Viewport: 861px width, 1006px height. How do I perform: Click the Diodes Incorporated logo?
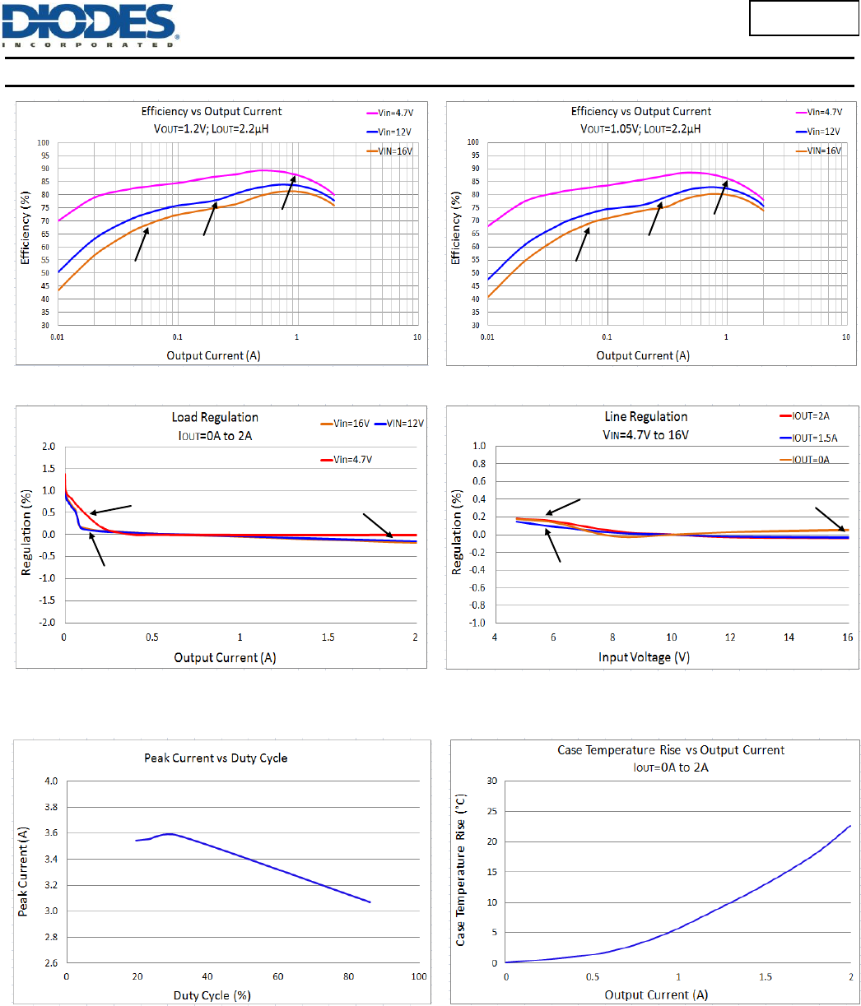tap(91, 25)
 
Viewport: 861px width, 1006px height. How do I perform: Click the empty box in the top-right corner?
tap(802, 19)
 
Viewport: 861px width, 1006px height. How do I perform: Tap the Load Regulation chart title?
tap(215, 418)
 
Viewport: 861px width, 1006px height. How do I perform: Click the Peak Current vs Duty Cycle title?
tap(216, 758)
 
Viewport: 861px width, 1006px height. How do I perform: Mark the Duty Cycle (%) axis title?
tap(212, 995)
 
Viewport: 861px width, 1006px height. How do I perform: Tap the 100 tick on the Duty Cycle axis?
tap(418, 976)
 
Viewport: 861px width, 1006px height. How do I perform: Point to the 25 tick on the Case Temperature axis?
tap(493, 811)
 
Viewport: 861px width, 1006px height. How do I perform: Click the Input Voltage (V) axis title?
tap(647, 657)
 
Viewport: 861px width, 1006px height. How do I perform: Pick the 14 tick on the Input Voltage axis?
tap(789, 637)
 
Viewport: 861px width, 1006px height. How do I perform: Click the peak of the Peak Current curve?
tap(170, 834)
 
